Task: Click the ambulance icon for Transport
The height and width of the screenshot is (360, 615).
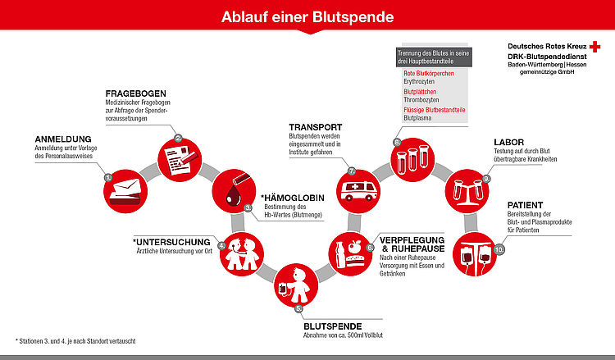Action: (359, 191)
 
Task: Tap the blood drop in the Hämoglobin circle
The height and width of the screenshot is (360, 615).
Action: (235, 195)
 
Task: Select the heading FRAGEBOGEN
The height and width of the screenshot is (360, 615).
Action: (135, 93)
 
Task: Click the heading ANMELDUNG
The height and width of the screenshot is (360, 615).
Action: (63, 139)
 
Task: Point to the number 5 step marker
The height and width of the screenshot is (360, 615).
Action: (298, 308)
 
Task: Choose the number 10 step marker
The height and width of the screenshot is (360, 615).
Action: (499, 250)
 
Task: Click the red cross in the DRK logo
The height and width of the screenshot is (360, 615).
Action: (594, 47)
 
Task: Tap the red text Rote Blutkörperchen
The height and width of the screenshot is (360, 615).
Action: (429, 73)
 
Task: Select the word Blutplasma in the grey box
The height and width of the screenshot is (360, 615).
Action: (417, 118)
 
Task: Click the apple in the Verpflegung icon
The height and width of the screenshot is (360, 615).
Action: (354, 247)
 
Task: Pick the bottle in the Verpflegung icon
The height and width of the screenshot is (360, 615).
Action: (340, 255)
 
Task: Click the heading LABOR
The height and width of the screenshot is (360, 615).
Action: (508, 142)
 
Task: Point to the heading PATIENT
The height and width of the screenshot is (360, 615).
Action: (525, 205)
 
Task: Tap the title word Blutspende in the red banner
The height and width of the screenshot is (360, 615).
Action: (353, 17)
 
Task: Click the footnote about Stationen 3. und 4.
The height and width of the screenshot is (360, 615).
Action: (75, 341)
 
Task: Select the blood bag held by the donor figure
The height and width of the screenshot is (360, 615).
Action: (283, 289)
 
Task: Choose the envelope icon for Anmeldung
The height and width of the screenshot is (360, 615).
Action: (125, 192)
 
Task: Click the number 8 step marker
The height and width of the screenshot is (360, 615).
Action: (397, 143)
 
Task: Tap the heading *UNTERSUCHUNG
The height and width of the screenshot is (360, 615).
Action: (171, 242)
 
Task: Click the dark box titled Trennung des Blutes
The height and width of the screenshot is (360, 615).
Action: (434, 57)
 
